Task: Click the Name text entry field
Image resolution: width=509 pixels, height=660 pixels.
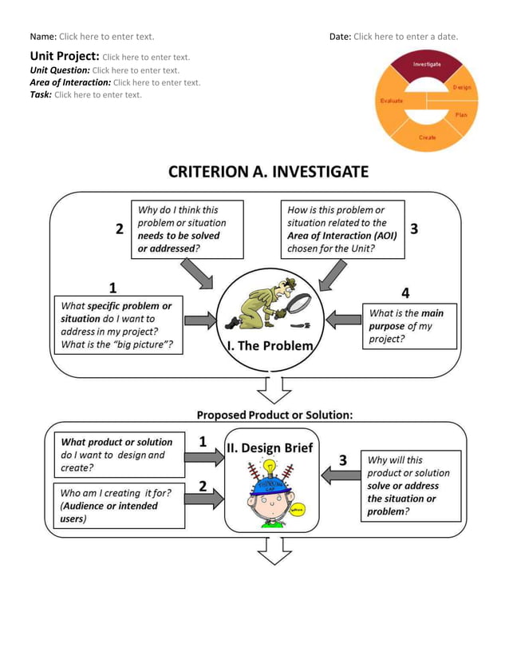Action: [106, 37]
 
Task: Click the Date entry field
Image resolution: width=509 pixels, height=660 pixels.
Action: [405, 37]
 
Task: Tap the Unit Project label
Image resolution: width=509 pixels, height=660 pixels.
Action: [65, 57]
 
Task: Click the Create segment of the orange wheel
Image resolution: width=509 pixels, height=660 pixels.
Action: [428, 137]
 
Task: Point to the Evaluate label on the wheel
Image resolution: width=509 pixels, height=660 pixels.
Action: [391, 101]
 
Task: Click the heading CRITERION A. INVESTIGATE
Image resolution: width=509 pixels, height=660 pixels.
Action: [268, 172]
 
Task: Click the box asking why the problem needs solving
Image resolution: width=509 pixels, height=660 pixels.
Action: [187, 229]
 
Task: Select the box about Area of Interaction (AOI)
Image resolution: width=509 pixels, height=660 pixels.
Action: [342, 229]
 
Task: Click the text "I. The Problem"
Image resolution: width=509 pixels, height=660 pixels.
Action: [270, 346]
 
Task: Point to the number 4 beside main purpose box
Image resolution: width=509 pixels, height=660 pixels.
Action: [404, 292]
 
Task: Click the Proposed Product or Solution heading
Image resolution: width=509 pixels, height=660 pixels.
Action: [274, 415]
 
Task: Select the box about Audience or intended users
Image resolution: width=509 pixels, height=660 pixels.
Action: [116, 506]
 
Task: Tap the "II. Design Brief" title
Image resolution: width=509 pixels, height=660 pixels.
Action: [270, 447]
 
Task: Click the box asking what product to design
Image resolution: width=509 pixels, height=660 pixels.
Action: [116, 454]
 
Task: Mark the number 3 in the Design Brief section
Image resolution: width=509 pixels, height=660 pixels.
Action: [343, 460]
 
